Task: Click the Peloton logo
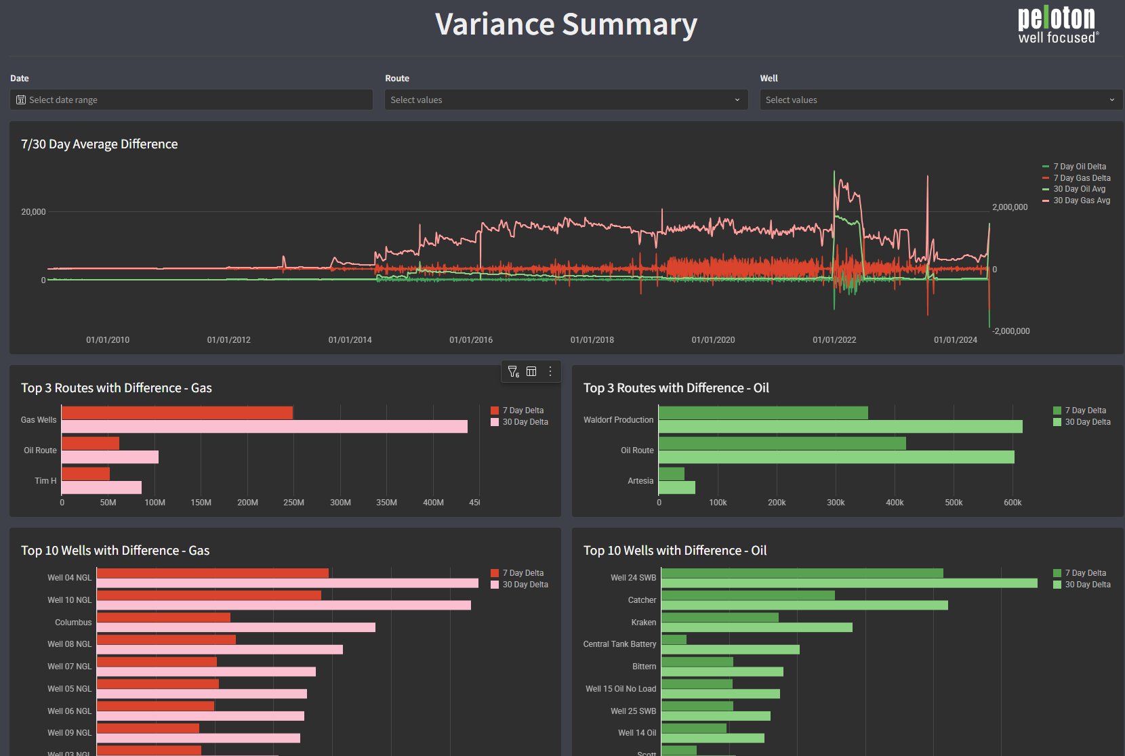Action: tap(1057, 26)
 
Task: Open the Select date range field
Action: tap(191, 100)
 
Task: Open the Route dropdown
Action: tap(566, 100)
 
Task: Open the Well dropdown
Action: tap(941, 100)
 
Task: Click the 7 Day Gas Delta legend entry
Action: tap(1082, 178)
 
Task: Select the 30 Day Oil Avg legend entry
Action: tap(1079, 189)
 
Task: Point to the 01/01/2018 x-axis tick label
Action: tap(592, 340)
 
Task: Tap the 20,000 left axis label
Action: tap(33, 212)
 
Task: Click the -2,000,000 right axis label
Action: tap(1010, 331)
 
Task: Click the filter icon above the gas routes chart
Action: tap(513, 371)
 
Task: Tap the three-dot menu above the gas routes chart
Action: tap(550, 371)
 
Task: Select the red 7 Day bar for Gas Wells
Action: tap(177, 413)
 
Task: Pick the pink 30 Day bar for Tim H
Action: tap(102, 488)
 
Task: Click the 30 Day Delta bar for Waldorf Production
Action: tap(840, 427)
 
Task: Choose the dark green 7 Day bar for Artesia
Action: tap(672, 474)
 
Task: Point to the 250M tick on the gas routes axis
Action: tap(293, 503)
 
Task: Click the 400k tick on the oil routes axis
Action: tap(895, 503)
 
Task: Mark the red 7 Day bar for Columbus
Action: tap(163, 617)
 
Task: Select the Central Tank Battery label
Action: tap(619, 644)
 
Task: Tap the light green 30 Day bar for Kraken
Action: tap(756, 627)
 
